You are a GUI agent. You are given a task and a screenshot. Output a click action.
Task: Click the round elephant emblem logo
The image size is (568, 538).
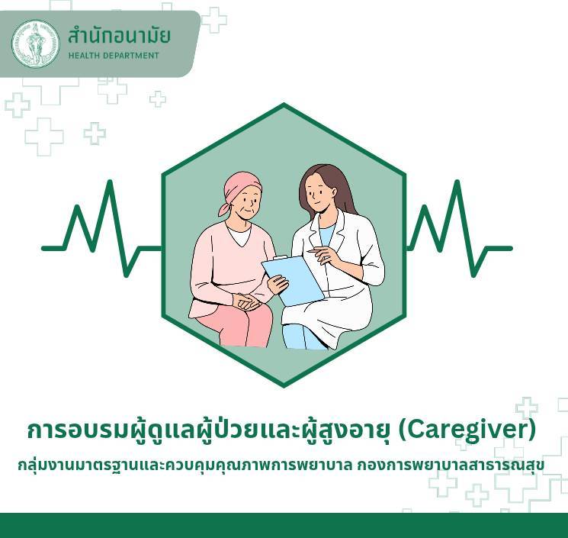[x=35, y=43]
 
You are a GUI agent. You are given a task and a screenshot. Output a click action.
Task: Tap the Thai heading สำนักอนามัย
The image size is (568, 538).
[x=119, y=36]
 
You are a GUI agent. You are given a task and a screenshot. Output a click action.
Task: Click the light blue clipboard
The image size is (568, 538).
[x=293, y=280]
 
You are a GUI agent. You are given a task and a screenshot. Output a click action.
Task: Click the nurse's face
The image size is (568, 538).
[x=316, y=196]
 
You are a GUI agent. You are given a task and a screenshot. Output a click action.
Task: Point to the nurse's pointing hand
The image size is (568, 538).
[x=323, y=254]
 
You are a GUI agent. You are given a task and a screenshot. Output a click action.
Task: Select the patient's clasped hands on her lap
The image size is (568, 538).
[x=246, y=301]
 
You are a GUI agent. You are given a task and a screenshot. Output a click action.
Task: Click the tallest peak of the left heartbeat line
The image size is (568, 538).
[x=110, y=182]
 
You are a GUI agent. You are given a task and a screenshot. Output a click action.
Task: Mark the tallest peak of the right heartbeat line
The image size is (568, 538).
[x=457, y=182]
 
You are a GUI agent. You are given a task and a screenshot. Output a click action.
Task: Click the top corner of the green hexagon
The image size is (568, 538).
[x=284, y=105]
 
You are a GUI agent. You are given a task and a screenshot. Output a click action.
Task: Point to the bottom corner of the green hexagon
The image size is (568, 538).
[x=284, y=386]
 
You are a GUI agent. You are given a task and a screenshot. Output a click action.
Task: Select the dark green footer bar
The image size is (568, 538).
[x=284, y=525]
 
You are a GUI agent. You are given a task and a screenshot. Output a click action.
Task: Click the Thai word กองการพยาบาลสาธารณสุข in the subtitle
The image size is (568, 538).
[x=451, y=465]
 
